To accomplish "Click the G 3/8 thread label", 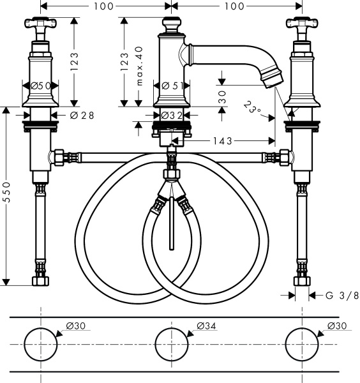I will pos(339,296).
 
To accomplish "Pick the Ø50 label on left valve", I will pos(40,85).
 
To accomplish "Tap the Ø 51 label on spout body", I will pos(170,85).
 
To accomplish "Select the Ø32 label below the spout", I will pos(172,116).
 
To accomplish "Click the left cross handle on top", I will pos(40,26).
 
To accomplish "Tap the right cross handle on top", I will pos(300,26).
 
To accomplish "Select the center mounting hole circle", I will pos(170,344).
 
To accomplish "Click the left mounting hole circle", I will pos(40,344).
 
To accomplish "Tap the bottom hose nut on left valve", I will pos(40,280).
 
